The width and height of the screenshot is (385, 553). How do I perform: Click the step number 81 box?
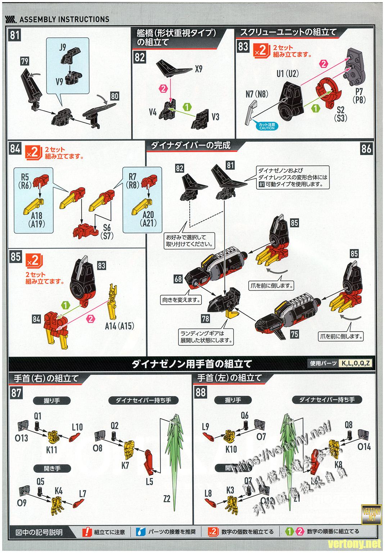[x=15, y=36]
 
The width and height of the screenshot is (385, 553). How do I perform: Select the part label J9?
[x=63, y=47]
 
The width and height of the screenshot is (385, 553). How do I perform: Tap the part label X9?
[x=198, y=69]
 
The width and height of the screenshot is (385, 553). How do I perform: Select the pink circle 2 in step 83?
[x=324, y=64]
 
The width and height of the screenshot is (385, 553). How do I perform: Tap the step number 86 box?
[x=366, y=149]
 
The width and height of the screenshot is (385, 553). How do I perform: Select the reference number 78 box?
[x=205, y=318]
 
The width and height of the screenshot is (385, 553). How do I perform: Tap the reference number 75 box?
[x=294, y=334]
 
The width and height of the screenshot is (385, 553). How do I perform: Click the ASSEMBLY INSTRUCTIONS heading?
[x=64, y=19]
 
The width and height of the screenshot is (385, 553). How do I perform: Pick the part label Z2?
[x=166, y=498]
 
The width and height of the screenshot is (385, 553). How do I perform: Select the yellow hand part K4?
[x=57, y=504]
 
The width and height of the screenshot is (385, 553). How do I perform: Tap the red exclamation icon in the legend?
[x=87, y=532]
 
